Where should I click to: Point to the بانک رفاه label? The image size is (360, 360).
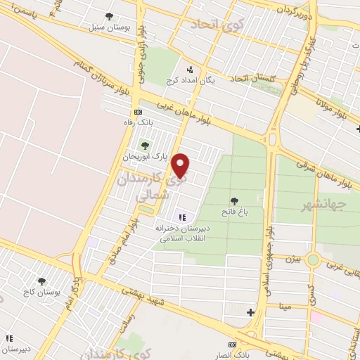coord(138,122)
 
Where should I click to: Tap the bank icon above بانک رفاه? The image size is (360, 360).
coord(139,112)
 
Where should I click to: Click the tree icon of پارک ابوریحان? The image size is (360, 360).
coord(145,146)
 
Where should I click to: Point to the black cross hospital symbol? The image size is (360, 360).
coord(250,311)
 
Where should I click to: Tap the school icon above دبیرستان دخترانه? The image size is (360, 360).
coord(183,217)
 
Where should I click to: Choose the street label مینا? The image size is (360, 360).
coord(285,307)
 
